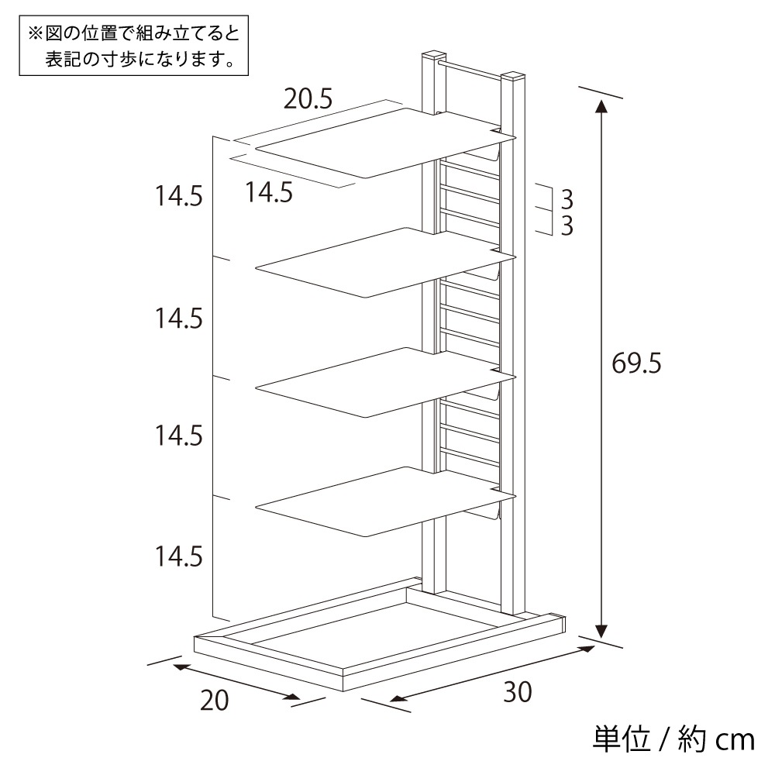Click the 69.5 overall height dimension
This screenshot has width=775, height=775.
[635, 363]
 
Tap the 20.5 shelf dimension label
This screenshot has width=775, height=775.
[308, 99]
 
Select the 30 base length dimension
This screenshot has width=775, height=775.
[518, 692]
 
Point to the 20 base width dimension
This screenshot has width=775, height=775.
[214, 700]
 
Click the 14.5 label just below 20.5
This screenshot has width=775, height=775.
[269, 191]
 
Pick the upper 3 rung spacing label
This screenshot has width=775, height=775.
[567, 200]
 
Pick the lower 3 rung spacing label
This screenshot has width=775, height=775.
[567, 226]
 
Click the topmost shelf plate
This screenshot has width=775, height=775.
[385, 143]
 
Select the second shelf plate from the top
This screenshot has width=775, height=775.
[385, 263]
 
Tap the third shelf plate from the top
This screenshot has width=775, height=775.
[385, 382]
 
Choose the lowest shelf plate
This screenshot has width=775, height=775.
[385, 501]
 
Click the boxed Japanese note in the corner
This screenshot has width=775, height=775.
[133, 46]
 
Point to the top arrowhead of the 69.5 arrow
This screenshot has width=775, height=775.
[601, 107]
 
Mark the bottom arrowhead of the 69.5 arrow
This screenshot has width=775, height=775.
[601, 631]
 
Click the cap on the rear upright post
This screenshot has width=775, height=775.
[433, 55]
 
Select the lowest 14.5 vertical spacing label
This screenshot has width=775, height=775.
[179, 556]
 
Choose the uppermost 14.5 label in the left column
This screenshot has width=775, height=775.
[179, 196]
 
